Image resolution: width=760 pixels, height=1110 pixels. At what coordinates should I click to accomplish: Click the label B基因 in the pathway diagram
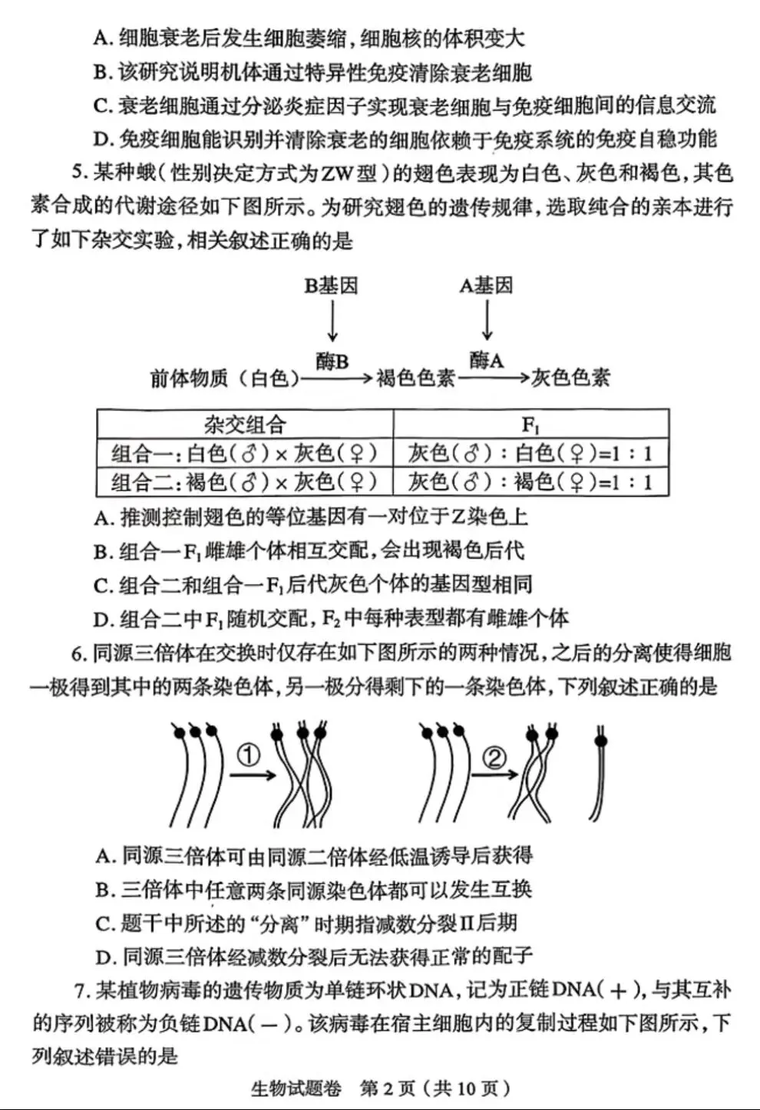click(331, 286)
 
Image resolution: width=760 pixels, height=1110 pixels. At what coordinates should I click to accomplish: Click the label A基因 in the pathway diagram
click(486, 286)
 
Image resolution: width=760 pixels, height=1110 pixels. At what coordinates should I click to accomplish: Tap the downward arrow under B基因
click(332, 321)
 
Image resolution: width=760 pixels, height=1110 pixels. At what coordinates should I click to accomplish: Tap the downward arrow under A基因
click(487, 321)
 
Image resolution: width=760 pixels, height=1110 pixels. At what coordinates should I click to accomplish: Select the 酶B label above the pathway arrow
click(332, 361)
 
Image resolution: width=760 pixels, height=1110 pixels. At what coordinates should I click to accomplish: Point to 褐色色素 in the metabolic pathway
click(415, 378)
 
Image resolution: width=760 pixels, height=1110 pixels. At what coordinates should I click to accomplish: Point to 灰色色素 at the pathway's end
click(570, 378)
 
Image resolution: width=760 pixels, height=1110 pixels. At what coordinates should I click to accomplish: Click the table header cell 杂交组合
click(245, 424)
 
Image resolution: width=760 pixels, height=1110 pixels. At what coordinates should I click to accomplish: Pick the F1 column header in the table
click(530, 424)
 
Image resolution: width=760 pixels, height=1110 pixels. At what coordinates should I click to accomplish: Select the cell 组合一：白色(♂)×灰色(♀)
click(245, 453)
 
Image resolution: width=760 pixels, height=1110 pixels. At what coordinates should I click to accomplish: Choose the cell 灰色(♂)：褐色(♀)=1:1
click(530, 482)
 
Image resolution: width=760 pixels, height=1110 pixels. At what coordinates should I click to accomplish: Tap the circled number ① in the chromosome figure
click(249, 756)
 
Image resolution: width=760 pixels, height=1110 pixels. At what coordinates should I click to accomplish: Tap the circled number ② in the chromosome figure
click(494, 758)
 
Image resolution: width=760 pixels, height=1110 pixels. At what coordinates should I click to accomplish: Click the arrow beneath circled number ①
click(253, 775)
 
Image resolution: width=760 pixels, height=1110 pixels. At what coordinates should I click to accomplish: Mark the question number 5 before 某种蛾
click(78, 173)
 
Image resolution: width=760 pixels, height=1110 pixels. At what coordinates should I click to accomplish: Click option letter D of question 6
click(104, 957)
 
